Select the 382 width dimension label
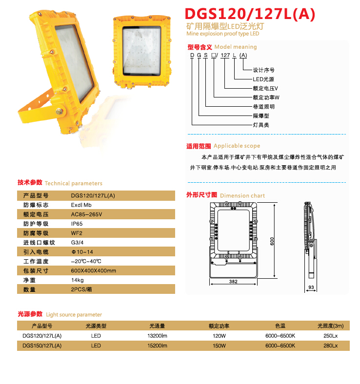tap(233, 282)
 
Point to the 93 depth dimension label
tap(310, 288)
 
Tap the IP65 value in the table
tap(77, 224)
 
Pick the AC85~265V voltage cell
tap(87, 214)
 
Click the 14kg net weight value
tap(78, 280)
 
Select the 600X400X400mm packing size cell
tap(93, 270)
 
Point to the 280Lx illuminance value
tap(330, 346)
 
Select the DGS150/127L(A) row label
tap(42, 346)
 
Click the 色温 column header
tap(280, 326)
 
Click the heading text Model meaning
tap(236, 47)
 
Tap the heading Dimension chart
tap(242, 195)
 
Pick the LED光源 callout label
tap(264, 79)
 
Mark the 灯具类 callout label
tap(261, 125)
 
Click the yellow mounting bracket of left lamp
tap(37, 112)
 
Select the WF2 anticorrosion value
tap(77, 233)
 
